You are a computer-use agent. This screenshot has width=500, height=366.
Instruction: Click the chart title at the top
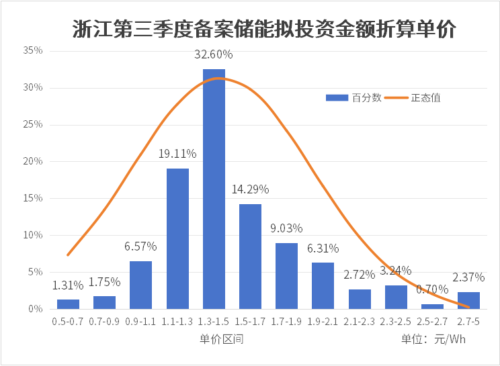click(x=264, y=29)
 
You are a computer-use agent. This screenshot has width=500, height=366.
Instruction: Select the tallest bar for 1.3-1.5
click(x=214, y=189)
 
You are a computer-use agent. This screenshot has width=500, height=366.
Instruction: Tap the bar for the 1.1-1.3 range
click(x=177, y=238)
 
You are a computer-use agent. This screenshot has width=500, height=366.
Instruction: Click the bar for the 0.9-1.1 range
click(x=140, y=285)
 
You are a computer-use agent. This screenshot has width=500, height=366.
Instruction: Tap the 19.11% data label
click(x=177, y=154)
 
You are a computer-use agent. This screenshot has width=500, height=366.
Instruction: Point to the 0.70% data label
click(x=432, y=289)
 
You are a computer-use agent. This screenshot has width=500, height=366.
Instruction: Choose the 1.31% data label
click(x=68, y=285)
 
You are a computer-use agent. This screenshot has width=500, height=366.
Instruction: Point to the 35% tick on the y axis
click(x=33, y=50)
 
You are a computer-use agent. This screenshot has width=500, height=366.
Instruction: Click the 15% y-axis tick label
click(x=33, y=198)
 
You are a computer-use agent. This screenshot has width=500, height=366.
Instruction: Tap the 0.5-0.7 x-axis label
click(x=68, y=322)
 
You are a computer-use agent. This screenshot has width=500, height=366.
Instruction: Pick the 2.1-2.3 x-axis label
click(x=360, y=322)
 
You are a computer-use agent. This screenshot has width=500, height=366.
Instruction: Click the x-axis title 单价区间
click(x=221, y=338)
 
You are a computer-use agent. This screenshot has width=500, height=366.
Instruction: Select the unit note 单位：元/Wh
click(x=433, y=338)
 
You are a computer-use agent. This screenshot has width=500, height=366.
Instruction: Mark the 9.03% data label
click(x=286, y=228)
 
